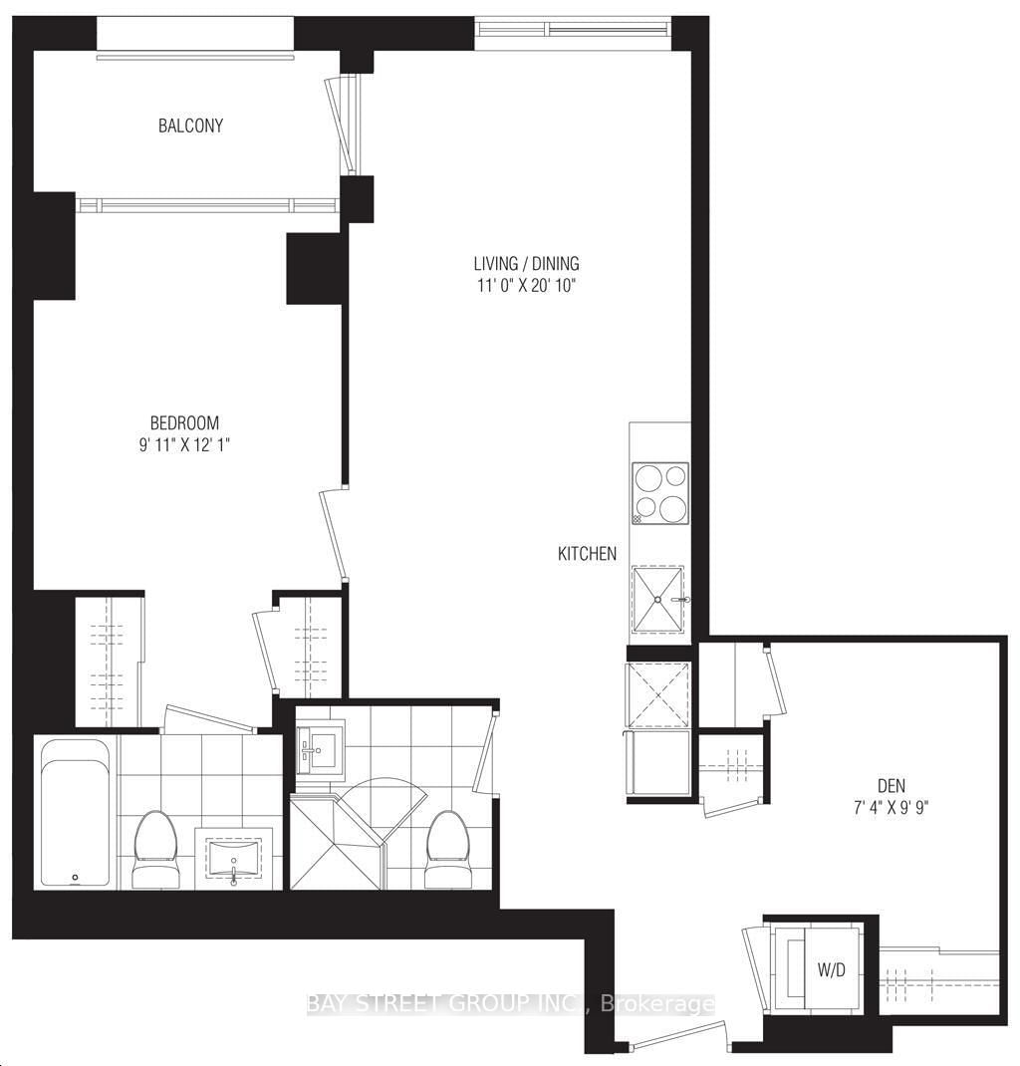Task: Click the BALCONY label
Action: pos(190,127)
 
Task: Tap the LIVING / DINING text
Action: pos(526,264)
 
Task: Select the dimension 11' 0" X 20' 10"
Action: pos(526,286)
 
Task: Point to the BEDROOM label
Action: pos(180,422)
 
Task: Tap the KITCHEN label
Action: pos(587,554)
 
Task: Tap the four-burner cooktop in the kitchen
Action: pos(660,493)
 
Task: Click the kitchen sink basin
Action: pos(658,600)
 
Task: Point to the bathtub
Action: pos(75,812)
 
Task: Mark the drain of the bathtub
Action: pos(75,878)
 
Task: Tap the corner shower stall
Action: pos(334,837)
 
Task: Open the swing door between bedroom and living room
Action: pos(334,533)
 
